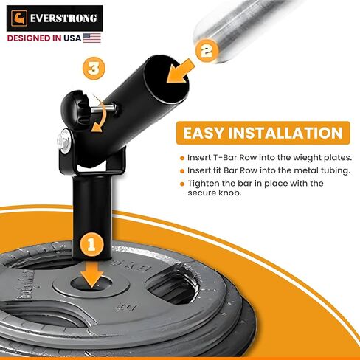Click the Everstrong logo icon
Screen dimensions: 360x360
point(21,17)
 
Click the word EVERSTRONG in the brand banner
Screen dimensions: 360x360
point(62,17)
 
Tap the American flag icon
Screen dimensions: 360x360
point(91,36)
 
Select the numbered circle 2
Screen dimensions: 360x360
point(207,50)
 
